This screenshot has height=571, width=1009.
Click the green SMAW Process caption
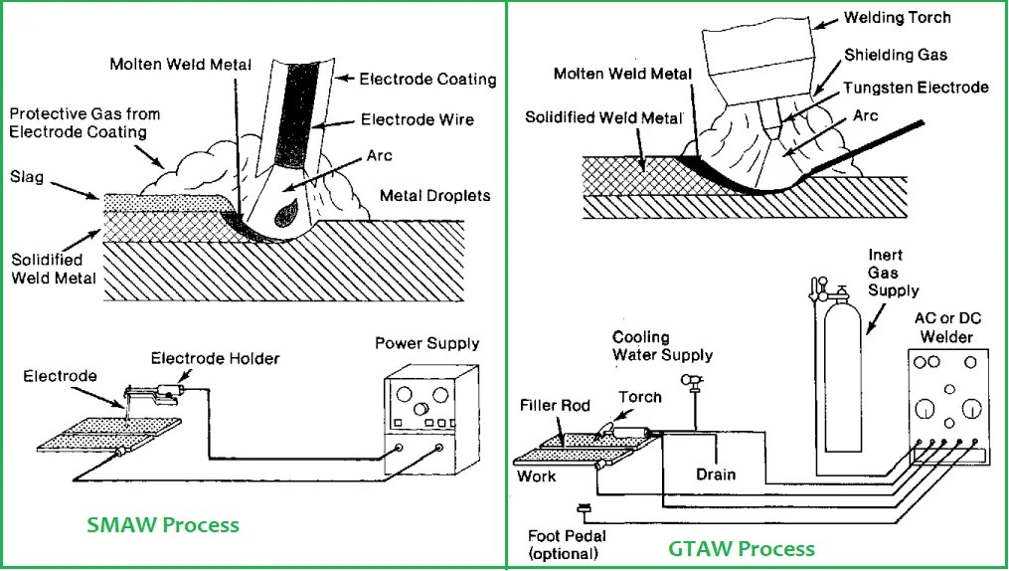[x=163, y=524]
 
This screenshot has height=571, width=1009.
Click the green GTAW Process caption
[x=742, y=548]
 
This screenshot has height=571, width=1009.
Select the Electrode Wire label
[x=417, y=119]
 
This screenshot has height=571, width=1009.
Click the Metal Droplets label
[x=435, y=196]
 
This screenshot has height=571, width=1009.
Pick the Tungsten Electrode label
[x=916, y=88]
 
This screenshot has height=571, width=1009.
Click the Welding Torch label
[x=897, y=17]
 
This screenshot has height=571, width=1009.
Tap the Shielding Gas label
[x=896, y=55]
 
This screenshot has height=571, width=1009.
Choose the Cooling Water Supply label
[x=662, y=346]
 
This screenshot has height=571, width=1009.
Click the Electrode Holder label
[x=215, y=358]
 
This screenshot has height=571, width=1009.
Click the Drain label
[x=716, y=475]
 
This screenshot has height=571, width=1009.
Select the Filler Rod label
[x=555, y=406]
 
